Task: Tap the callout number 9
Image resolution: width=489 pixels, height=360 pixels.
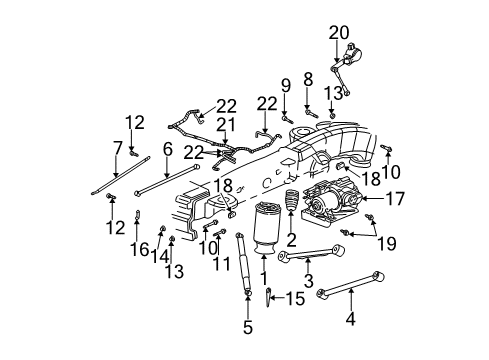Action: coord(285,83)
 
